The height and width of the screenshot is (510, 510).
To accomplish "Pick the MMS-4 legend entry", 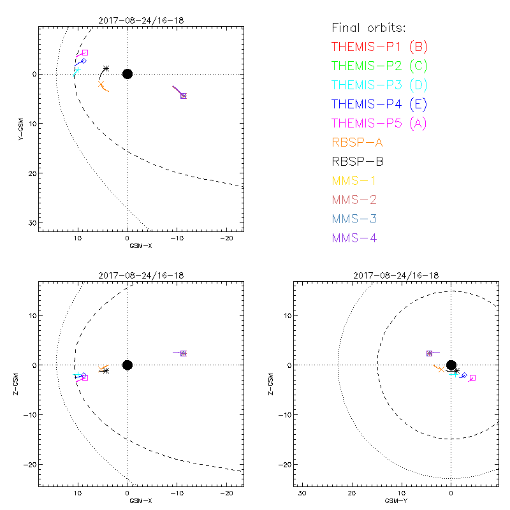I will pos(357,238).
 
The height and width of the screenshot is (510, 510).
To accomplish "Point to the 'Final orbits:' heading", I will pos(368,27).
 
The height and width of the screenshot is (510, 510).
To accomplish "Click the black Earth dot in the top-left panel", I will pos(127,74).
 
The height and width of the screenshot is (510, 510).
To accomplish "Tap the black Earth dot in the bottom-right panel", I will pos(451,365).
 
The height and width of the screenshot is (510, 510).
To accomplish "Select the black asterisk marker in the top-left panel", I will pos(106,68).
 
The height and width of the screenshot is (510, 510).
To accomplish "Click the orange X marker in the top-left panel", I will pos(101,84).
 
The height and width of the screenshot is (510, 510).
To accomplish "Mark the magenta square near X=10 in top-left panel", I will pos(85,52).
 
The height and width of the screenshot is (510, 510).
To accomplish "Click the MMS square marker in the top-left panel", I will pos(184,96).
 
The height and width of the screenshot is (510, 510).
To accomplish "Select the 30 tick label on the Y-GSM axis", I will pos(31,222).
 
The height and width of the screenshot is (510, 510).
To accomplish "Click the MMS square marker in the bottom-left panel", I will pos(184,353).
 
